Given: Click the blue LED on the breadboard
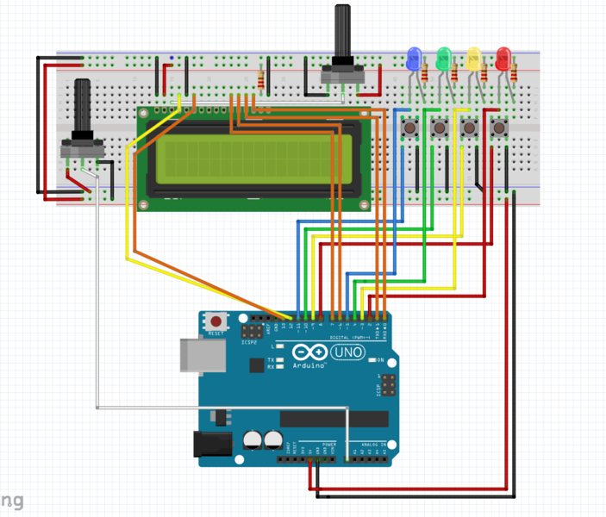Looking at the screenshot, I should [414, 59].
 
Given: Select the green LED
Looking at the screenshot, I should [445, 59].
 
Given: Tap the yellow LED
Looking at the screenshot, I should [473, 59].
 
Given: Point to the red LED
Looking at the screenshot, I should [503, 59].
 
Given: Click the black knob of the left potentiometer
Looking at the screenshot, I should [83, 108].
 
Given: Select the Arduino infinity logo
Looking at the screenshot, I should [309, 352].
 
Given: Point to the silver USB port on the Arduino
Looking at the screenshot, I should [196, 354].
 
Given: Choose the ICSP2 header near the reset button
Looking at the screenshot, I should [253, 330].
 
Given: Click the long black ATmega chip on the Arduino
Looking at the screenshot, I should [332, 420].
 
